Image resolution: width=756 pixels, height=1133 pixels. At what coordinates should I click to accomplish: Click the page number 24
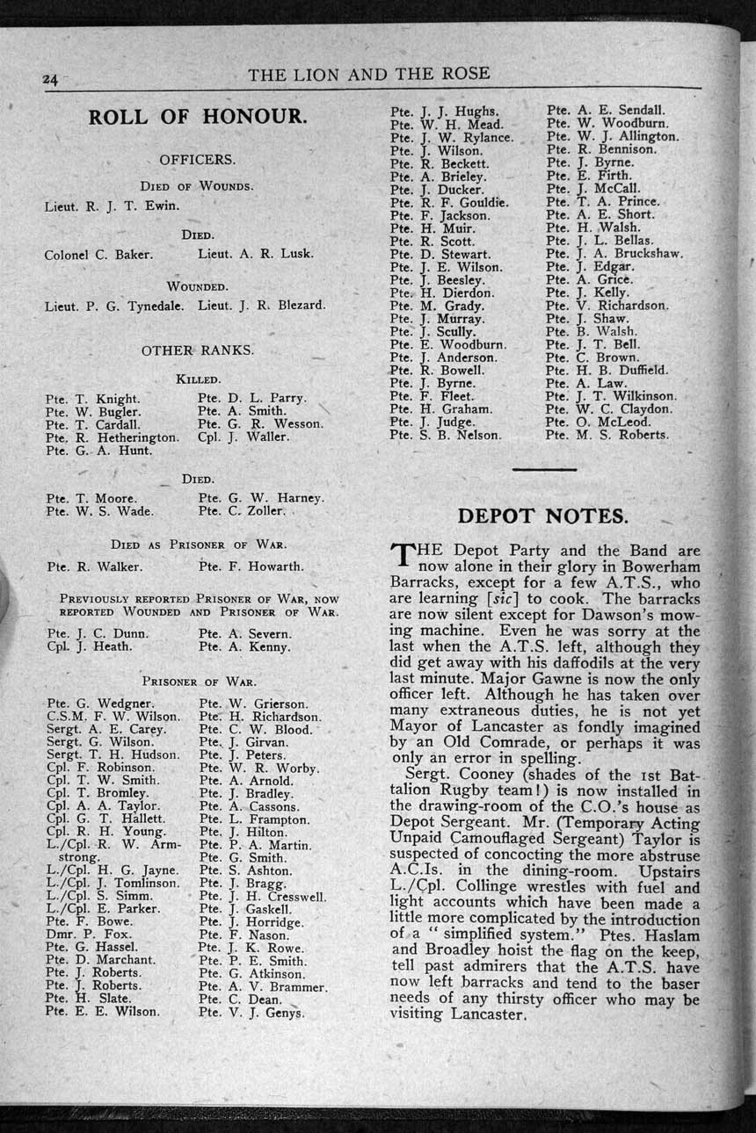point(49,79)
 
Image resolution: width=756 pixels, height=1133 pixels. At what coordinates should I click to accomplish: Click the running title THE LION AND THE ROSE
point(368,74)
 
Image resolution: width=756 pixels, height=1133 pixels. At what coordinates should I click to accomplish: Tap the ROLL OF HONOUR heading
point(197,117)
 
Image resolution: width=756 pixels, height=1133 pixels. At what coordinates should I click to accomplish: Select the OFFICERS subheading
point(197,160)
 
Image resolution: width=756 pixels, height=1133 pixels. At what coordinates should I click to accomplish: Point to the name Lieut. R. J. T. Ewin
point(112,207)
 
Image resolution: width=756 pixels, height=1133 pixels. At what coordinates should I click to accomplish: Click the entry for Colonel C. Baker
point(98,255)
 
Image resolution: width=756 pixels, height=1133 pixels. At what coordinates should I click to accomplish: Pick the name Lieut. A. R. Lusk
point(255,255)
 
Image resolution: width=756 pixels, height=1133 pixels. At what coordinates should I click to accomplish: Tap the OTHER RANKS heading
point(197,350)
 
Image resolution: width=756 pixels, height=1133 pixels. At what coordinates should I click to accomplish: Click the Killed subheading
point(198,379)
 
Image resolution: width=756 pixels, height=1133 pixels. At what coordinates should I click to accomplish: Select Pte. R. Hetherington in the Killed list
point(113,437)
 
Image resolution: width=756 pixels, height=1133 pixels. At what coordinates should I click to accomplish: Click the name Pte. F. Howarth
point(251,566)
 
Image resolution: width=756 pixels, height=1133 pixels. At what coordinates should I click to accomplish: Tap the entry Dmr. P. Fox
point(89,935)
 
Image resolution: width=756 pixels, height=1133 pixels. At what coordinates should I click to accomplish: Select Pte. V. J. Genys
point(251,1012)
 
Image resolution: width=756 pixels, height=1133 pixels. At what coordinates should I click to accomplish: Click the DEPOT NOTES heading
point(543,516)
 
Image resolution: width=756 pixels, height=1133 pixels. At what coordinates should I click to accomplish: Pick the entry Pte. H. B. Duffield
point(607,370)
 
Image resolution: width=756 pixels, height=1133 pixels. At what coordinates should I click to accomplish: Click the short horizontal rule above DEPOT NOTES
point(543,470)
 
